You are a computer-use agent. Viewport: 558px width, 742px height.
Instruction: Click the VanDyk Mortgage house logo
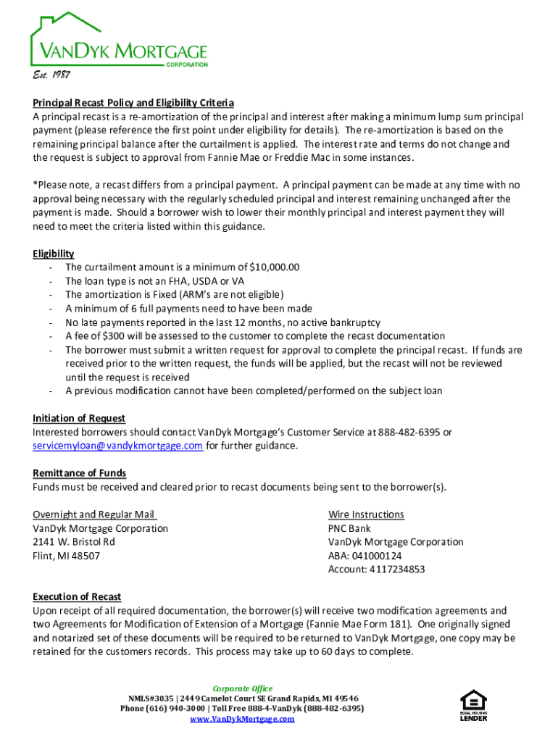[118, 42]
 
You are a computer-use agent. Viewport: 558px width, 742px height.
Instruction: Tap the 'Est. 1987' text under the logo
[51, 75]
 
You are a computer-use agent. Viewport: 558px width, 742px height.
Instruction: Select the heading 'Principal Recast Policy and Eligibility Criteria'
[133, 103]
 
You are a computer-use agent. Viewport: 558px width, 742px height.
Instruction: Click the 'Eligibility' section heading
[54, 254]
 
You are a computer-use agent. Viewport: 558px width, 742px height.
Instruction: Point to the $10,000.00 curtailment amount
[274, 267]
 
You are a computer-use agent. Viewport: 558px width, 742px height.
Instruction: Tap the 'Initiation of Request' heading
[79, 419]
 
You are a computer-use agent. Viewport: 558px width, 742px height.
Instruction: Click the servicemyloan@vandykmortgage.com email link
[117, 446]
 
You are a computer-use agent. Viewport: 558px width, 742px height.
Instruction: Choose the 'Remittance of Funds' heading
[80, 474]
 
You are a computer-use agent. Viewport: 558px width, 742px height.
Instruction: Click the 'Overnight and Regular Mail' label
[94, 515]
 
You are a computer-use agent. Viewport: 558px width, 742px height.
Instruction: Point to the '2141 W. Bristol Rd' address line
[74, 543]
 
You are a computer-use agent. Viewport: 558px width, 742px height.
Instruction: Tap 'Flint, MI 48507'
[67, 556]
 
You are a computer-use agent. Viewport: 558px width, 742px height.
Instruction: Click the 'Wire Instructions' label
[366, 515]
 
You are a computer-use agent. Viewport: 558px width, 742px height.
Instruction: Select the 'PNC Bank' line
[349, 529]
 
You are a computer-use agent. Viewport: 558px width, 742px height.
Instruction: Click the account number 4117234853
[397, 570]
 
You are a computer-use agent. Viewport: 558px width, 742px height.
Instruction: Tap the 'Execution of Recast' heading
[77, 598]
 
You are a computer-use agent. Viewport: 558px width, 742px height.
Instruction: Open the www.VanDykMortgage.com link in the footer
[242, 719]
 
